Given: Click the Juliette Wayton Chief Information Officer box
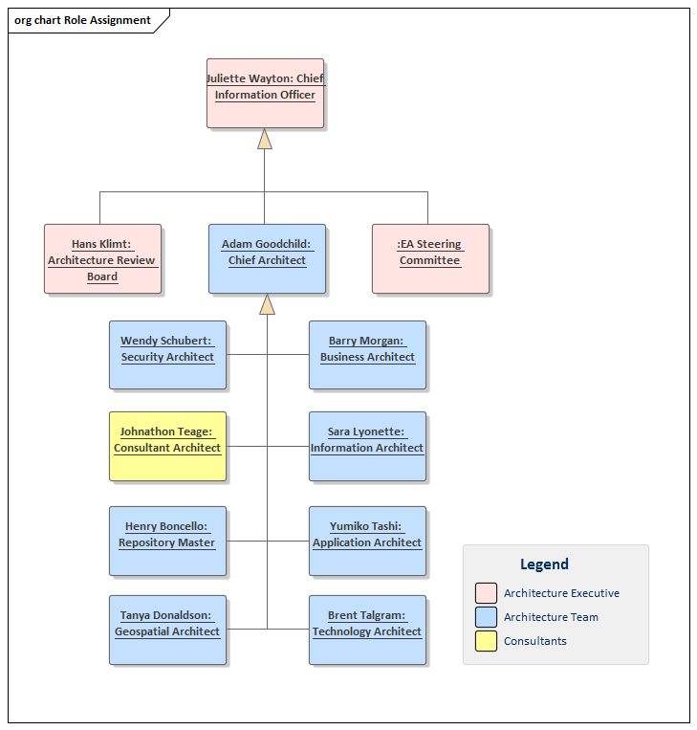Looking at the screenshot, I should tap(265, 93).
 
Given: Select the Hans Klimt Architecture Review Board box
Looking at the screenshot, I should tap(102, 258).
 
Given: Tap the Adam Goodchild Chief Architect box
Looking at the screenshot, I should tap(267, 258).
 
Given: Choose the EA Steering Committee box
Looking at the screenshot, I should tap(430, 258).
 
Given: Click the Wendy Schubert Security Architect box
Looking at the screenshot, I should tap(167, 355).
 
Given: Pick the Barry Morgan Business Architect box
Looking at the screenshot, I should tap(367, 355).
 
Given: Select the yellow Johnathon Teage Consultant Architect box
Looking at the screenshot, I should tap(167, 446).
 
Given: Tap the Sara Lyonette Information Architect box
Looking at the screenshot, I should tap(367, 446).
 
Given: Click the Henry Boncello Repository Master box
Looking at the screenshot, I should tap(167, 541).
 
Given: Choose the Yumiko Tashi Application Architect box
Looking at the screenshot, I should tap(367, 541).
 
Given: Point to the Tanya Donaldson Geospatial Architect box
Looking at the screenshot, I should tap(167, 630).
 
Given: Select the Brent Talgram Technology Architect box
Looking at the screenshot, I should tap(367, 630).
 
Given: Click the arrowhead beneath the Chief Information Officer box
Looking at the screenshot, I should tap(265, 140).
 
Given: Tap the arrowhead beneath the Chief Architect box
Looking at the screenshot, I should tap(267, 304).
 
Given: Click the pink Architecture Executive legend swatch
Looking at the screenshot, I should tap(486, 593).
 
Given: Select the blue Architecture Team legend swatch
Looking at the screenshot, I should tap(486, 617).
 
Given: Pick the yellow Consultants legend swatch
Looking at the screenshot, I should tap(486, 641).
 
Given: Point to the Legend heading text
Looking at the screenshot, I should tap(544, 564).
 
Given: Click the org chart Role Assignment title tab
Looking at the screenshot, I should tap(84, 20).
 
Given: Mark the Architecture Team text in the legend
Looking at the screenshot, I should tap(551, 617).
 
